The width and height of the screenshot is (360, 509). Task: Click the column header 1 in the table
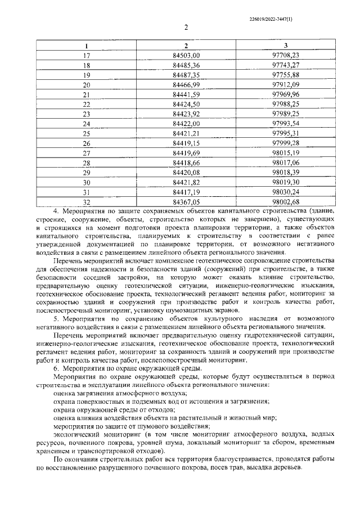click(86, 46)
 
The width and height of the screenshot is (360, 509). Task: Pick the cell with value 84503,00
click(187, 55)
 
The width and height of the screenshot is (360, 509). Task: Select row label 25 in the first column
click(86, 133)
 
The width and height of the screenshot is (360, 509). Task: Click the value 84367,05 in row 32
click(187, 201)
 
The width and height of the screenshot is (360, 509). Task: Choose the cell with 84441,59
click(187, 94)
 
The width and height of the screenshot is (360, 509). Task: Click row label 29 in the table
click(86, 172)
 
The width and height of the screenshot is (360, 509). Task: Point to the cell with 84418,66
click(187, 163)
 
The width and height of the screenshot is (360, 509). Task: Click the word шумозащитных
click(184, 310)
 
